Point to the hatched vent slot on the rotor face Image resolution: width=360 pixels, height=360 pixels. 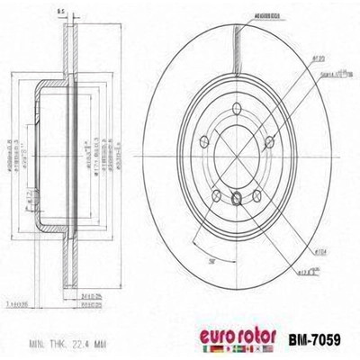tap(238, 45)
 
